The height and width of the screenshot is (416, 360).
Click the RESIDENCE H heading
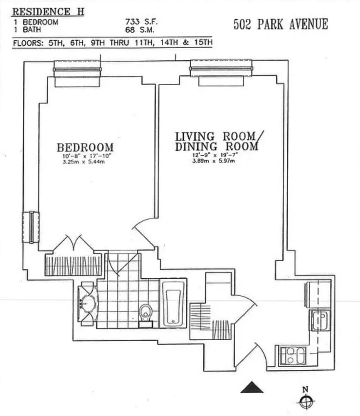pos(48,11)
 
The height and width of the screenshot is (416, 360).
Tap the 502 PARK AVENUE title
pos(281,24)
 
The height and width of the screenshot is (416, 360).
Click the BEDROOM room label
pos(85,147)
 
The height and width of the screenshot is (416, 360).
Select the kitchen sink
pos(320,319)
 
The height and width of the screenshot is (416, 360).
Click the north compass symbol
pos(306,401)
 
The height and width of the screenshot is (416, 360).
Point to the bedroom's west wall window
pos(31,227)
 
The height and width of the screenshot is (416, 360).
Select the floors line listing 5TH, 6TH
pos(113,43)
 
